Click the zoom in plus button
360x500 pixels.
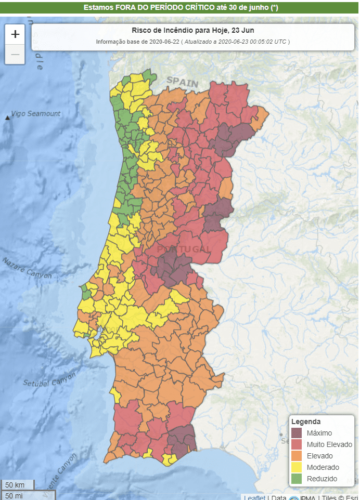click(x=15, y=34)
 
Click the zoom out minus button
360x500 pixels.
click(x=15, y=54)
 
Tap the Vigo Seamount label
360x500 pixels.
click(x=36, y=114)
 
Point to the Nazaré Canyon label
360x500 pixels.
click(x=27, y=267)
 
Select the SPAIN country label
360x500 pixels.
click(x=183, y=82)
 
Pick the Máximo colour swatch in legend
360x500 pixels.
click(x=297, y=433)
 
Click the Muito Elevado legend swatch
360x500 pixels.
click(x=297, y=444)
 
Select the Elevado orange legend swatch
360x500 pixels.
click(x=297, y=456)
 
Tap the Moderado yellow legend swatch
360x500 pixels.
click(x=297, y=467)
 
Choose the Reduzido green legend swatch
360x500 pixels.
click(x=297, y=479)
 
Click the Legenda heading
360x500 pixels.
click(x=306, y=422)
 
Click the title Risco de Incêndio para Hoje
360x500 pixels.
click(x=192, y=30)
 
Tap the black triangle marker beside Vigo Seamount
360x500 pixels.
click(x=7, y=119)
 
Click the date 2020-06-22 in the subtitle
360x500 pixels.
click(x=160, y=42)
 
